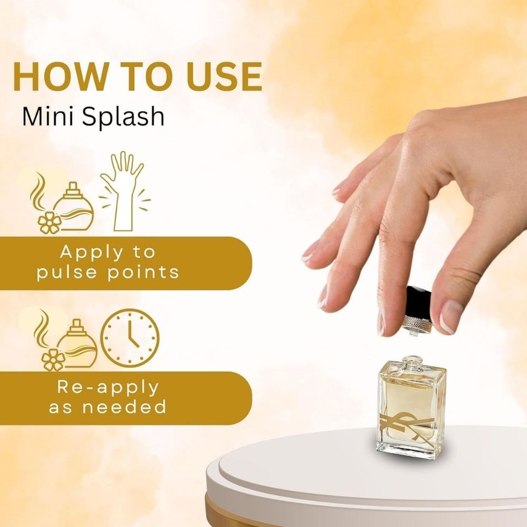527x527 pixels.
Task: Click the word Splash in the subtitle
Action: (123, 117)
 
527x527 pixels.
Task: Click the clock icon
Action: (130, 338)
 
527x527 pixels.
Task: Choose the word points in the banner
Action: (143, 273)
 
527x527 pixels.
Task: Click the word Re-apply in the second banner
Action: (108, 388)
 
